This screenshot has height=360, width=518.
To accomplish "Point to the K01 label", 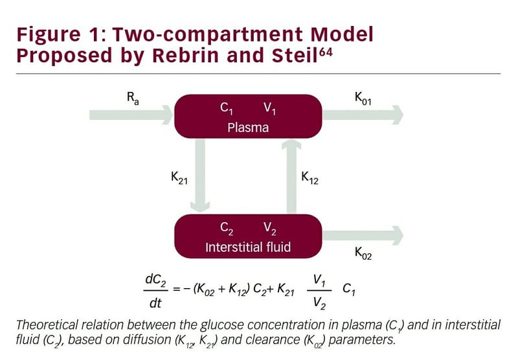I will (362, 98).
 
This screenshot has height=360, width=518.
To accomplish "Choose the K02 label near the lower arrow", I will (363, 254).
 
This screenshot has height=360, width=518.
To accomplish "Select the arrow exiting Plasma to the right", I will (363, 115).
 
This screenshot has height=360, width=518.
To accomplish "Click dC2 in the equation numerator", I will (156, 280).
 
